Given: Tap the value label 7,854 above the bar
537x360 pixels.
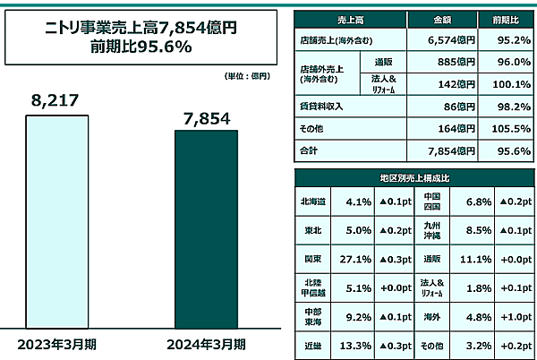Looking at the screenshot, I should pos(206,117).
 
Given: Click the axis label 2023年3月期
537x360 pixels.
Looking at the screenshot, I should pos(59,343).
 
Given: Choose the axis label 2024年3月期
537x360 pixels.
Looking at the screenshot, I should pos(206,343).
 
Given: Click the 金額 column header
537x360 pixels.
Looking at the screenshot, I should pos(437,19).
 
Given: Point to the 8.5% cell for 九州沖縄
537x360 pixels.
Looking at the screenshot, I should pos(470,230).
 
